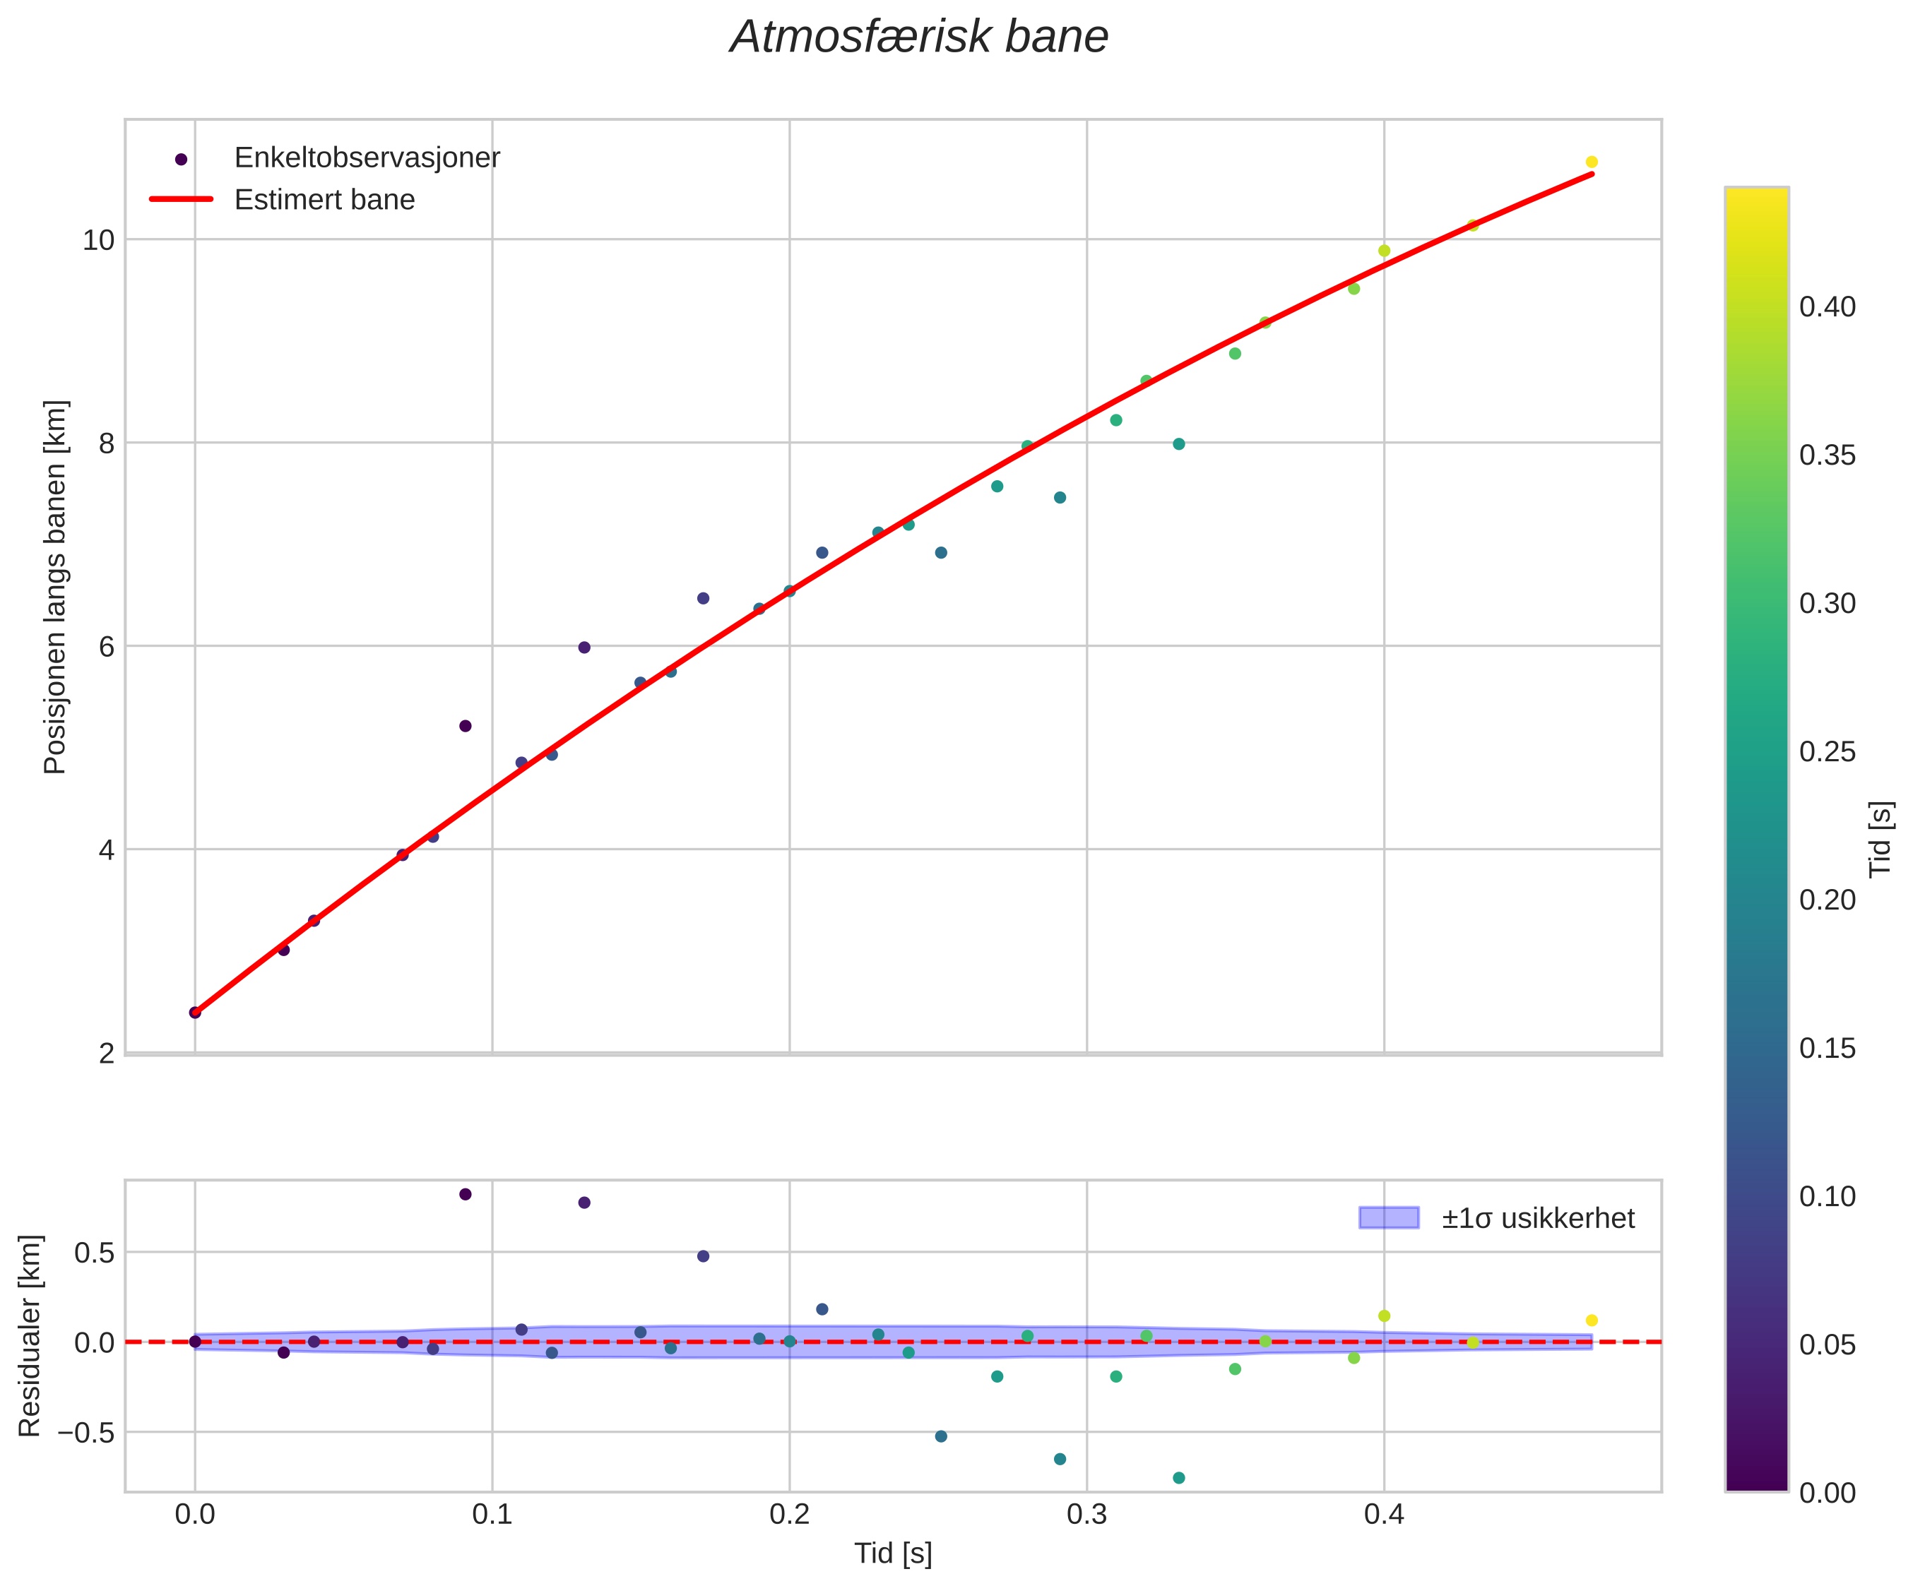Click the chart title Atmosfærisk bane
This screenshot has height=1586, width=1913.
pyautogui.click(x=919, y=38)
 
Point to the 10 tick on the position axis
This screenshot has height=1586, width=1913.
pyautogui.click(x=98, y=240)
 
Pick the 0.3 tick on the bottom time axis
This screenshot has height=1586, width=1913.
pyautogui.click(x=1086, y=1516)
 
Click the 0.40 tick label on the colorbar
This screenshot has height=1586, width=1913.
pyautogui.click(x=1828, y=308)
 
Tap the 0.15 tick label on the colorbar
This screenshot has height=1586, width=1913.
pyautogui.click(x=1828, y=1049)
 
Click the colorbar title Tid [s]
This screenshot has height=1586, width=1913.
pyautogui.click(x=1881, y=838)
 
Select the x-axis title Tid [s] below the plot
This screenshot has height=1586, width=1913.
pyautogui.click(x=893, y=1554)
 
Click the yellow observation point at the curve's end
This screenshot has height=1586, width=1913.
pyautogui.click(x=1592, y=162)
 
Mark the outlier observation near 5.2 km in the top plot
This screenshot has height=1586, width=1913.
pyautogui.click(x=466, y=726)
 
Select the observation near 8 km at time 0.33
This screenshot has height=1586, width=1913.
pyautogui.click(x=1179, y=444)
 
